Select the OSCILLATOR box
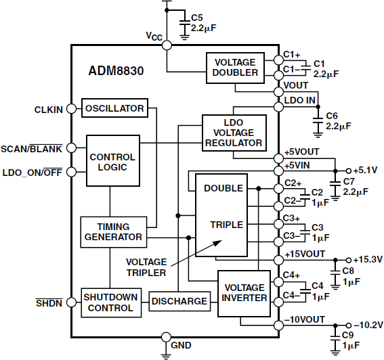click(114, 108)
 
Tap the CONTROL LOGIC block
click(112, 161)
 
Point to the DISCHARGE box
click(179, 301)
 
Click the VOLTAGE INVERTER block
click(244, 292)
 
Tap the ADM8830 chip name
click(115, 70)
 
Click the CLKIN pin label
click(48, 108)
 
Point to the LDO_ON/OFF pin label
click(33, 172)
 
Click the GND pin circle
click(167, 336)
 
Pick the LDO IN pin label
click(300, 100)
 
